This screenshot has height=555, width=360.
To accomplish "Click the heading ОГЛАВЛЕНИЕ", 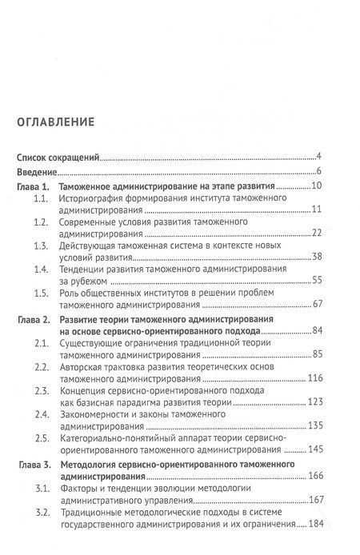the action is (56, 122).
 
